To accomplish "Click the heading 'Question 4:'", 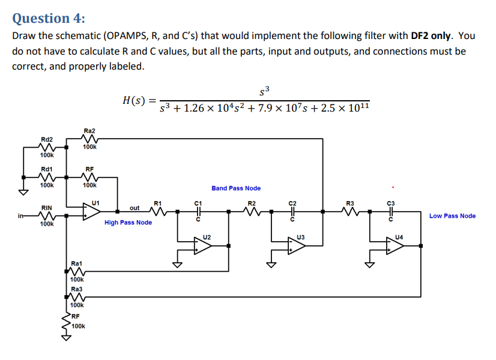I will click(x=49, y=18).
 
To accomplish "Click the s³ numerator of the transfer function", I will click(x=265, y=91).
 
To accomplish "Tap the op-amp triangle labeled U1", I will click(x=91, y=212).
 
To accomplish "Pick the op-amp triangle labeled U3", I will click(x=296, y=246).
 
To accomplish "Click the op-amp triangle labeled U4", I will click(x=395, y=246).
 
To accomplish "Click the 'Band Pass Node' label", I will click(x=236, y=188).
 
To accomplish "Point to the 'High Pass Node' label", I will click(x=128, y=223).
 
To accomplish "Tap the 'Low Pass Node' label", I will click(x=452, y=216).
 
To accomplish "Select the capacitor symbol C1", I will click(x=199, y=212).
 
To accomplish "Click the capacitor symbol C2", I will click(x=292, y=212).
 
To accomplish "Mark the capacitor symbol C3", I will click(x=391, y=212).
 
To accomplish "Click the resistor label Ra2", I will click(x=89, y=130).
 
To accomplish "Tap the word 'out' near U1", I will click(x=135, y=208).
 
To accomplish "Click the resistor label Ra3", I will click(x=76, y=289).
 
